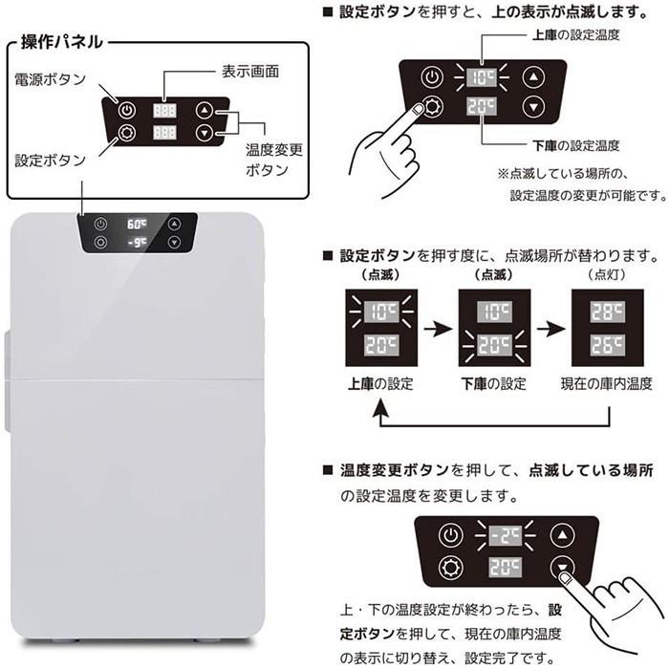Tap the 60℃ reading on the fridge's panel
point(137,225)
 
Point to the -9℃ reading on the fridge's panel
point(137,243)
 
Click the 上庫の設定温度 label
point(575,34)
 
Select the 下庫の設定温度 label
point(575,145)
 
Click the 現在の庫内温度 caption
point(607,383)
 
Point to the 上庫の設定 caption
point(379,383)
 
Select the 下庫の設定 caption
point(494,383)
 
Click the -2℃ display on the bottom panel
point(505,535)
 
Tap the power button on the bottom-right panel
point(449,535)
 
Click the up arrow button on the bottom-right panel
point(564,535)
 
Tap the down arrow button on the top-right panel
point(534,107)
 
